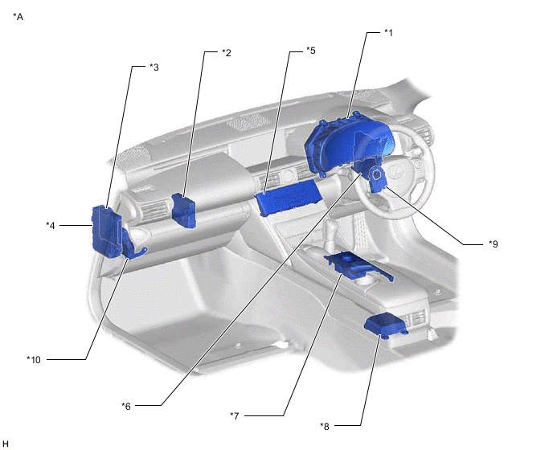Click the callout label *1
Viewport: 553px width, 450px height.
388,33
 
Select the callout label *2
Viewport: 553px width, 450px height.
227,53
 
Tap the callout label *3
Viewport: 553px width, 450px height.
154,67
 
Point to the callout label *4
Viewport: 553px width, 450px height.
51,225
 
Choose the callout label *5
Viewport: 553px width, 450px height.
311,51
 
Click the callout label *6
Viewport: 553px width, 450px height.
126,407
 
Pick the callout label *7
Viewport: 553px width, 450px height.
235,416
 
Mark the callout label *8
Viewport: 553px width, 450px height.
325,427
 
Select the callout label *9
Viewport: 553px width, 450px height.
494,243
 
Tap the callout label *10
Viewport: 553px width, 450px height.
34,360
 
